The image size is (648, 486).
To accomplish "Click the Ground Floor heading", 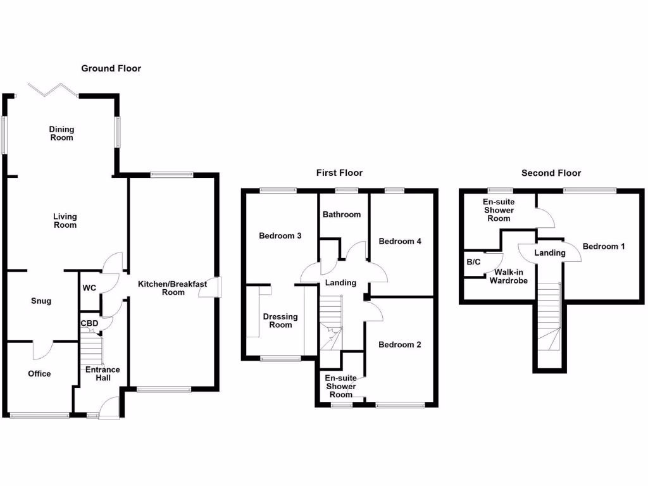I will pyautogui.click(x=111, y=68).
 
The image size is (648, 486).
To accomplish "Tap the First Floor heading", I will pyautogui.click(x=339, y=173).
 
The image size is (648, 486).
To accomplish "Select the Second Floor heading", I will pyautogui.click(x=551, y=173).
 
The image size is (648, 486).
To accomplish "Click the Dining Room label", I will pyautogui.click(x=61, y=134).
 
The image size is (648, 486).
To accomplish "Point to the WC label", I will pyautogui.click(x=89, y=288).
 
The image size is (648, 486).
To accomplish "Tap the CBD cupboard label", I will pyautogui.click(x=89, y=323).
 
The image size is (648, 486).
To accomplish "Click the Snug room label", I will pyautogui.click(x=41, y=301).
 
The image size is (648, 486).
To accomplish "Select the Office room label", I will pyautogui.click(x=39, y=373).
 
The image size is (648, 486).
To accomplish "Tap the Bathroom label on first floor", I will pyautogui.click(x=342, y=215).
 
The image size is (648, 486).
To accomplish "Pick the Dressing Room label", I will pyautogui.click(x=280, y=320).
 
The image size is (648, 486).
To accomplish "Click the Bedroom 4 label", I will pyautogui.click(x=399, y=241).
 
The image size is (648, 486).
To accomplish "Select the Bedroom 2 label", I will pyautogui.click(x=399, y=345).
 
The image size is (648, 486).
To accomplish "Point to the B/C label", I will pyautogui.click(x=473, y=261).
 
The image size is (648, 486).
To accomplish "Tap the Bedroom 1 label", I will pyautogui.click(x=603, y=246).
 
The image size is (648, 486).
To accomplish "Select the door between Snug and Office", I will pyautogui.click(x=42, y=349).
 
